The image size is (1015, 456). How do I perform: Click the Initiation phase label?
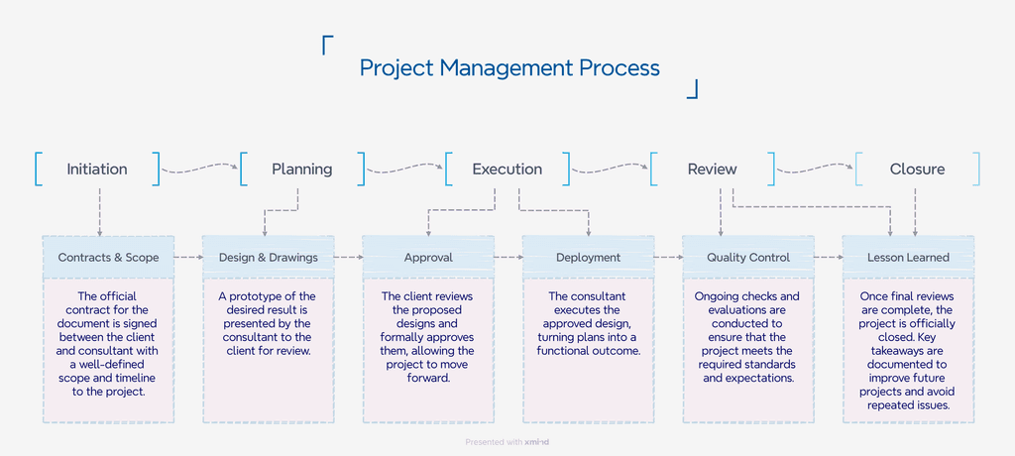click(x=97, y=170)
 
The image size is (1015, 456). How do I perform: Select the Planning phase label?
click(x=302, y=170)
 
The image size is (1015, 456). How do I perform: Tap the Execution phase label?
click(x=507, y=170)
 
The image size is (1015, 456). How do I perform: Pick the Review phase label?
click(x=712, y=170)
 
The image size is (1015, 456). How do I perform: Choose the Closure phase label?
click(x=917, y=170)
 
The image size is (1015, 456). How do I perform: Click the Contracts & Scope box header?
click(x=108, y=258)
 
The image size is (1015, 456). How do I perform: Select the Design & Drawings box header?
click(x=269, y=258)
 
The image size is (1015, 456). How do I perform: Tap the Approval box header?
click(x=428, y=258)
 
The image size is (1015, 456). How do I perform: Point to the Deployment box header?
click(x=588, y=258)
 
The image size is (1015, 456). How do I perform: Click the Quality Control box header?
click(x=748, y=258)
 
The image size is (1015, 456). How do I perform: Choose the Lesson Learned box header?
click(x=908, y=258)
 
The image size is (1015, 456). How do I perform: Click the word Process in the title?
click(x=620, y=68)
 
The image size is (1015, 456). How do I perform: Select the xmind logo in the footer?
click(x=538, y=442)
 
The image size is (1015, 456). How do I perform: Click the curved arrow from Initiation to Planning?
click(x=199, y=169)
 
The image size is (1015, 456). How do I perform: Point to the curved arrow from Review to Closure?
click(x=815, y=169)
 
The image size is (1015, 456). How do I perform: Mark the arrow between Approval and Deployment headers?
click(x=507, y=258)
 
